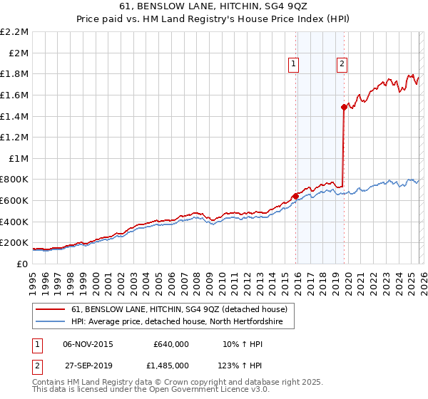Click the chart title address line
tap(214, 6)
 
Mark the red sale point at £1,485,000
tap(344, 107)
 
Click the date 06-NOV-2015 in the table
tap(88, 343)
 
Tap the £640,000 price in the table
tap(170, 343)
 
